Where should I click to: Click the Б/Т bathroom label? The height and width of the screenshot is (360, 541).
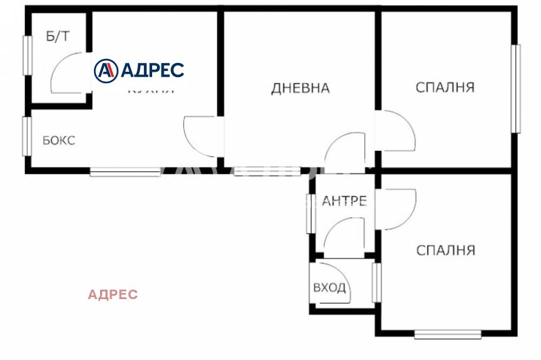tap(57, 37)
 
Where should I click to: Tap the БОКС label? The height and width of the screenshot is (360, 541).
tap(59, 141)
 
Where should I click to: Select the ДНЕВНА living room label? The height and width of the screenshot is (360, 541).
tap(300, 88)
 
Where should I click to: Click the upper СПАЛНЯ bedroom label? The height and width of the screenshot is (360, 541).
tap(444, 87)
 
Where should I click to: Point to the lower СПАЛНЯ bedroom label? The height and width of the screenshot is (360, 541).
tap(445, 250)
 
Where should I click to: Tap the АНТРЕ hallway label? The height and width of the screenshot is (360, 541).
tap(344, 201)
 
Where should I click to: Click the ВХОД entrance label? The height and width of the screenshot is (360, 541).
tap(329, 288)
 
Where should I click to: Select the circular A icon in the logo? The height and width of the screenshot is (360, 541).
tap(106, 70)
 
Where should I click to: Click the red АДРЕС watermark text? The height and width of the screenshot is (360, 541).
tap(113, 294)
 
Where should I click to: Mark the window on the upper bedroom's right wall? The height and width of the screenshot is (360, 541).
tap(515, 88)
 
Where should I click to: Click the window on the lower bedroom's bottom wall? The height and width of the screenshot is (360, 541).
tap(447, 334)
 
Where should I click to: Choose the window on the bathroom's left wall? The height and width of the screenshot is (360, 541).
tap(28, 55)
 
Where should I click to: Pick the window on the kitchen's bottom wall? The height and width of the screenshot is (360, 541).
tap(124, 172)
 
